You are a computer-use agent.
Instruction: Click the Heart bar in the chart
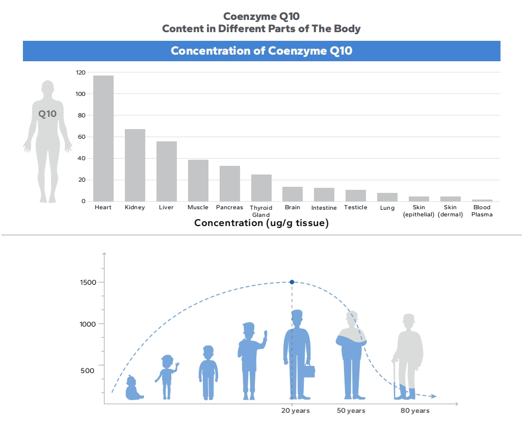tap(103, 138)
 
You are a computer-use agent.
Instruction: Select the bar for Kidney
tap(135, 165)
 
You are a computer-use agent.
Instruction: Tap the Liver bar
tap(166, 171)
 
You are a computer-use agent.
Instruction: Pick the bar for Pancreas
tap(229, 184)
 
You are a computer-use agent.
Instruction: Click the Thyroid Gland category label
tap(261, 211)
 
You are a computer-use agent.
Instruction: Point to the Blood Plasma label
tap(482, 211)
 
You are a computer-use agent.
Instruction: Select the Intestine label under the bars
tap(324, 208)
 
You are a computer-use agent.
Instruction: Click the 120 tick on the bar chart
tap(81, 72)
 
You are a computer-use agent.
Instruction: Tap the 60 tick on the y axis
tap(82, 137)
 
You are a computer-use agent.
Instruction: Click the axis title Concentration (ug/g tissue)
tap(261, 223)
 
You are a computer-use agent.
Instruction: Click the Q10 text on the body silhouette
tap(47, 114)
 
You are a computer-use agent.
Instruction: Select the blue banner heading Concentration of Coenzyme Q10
tap(261, 51)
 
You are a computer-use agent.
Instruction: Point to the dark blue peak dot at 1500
tap(292, 282)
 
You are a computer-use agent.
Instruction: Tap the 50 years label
tap(351, 411)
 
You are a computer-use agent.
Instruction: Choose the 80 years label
tap(415, 411)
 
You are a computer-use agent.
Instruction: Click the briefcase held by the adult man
tap(309, 371)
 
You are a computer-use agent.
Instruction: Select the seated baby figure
tap(133, 389)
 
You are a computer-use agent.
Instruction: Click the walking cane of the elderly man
tap(394, 378)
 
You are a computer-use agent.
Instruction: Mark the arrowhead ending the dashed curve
tap(433, 396)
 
